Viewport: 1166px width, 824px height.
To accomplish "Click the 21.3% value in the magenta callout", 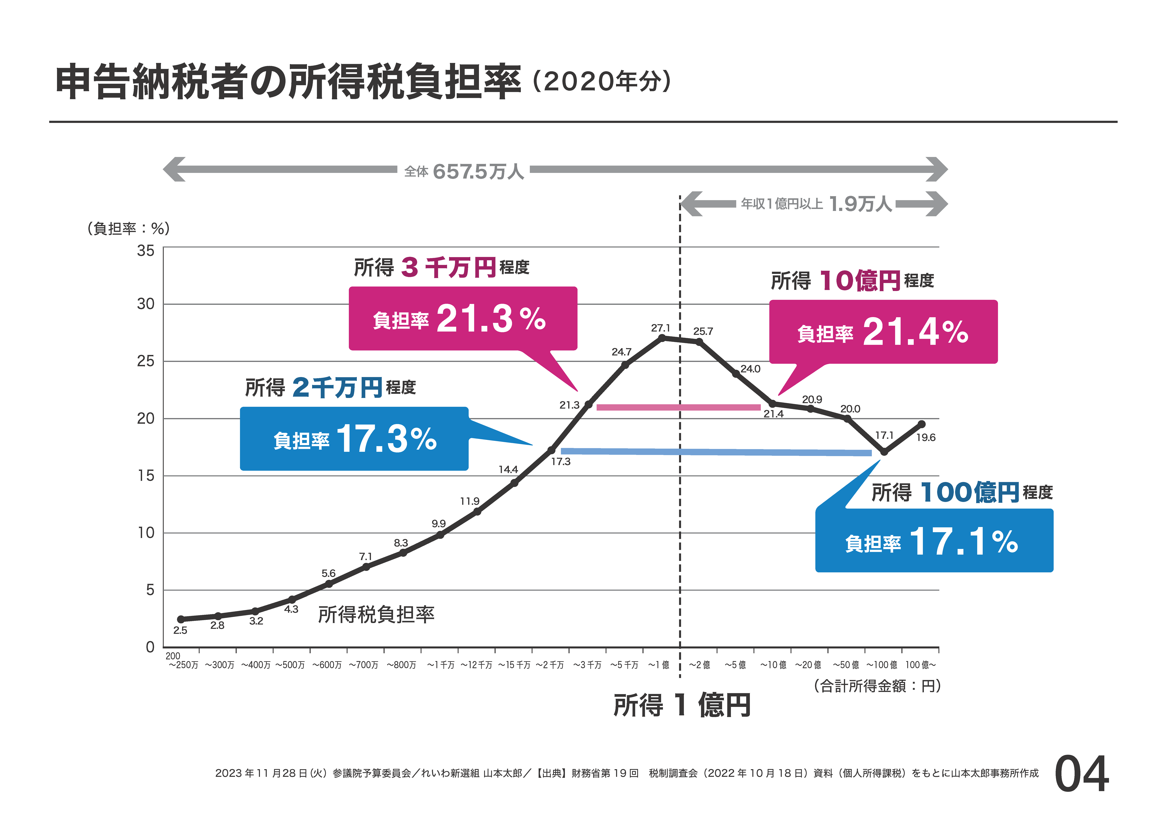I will [x=491, y=319].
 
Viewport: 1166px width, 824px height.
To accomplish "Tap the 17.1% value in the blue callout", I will [x=963, y=541].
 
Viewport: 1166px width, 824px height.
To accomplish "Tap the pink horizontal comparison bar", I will [x=678, y=407].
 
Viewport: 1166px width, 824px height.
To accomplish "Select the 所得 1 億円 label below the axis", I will [x=682, y=705].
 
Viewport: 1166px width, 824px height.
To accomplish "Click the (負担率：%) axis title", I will [x=128, y=229].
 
